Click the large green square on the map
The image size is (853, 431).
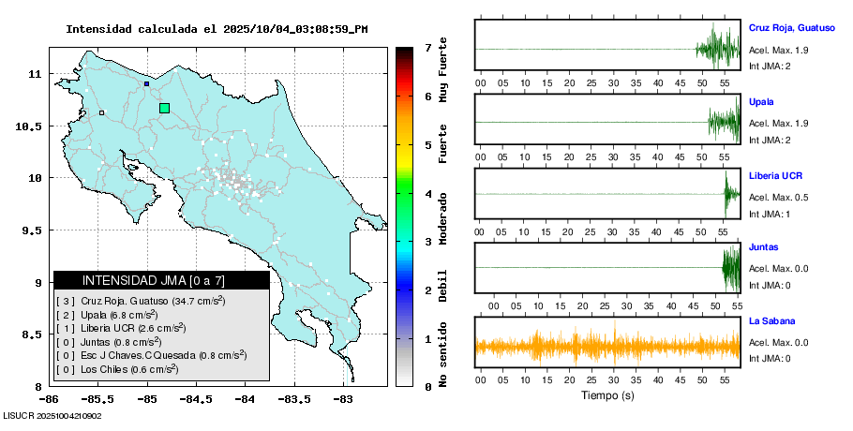[x=165, y=108]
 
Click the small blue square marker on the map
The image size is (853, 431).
[x=146, y=83]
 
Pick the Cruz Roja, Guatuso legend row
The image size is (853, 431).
[x=141, y=301]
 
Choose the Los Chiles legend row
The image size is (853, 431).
[x=118, y=369]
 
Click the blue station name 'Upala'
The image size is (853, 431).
[x=761, y=101]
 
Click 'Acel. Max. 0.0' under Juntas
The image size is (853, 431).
[x=778, y=269]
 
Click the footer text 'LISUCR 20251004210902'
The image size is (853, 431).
[x=53, y=415]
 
